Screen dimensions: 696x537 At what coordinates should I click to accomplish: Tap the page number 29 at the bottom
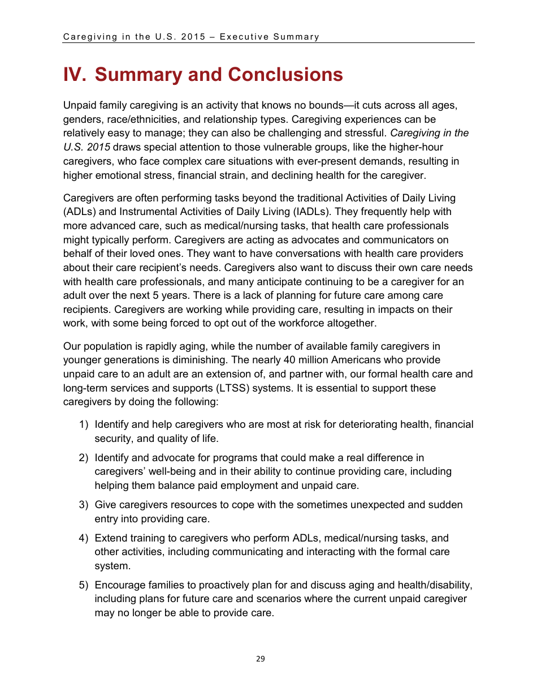[260, 659]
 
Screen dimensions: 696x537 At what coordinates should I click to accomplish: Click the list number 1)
[84, 424]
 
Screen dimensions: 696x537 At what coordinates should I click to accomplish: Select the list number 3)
[84, 505]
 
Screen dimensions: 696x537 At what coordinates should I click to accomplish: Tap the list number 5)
[84, 585]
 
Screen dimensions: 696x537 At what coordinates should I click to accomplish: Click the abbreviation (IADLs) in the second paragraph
[309, 212]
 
